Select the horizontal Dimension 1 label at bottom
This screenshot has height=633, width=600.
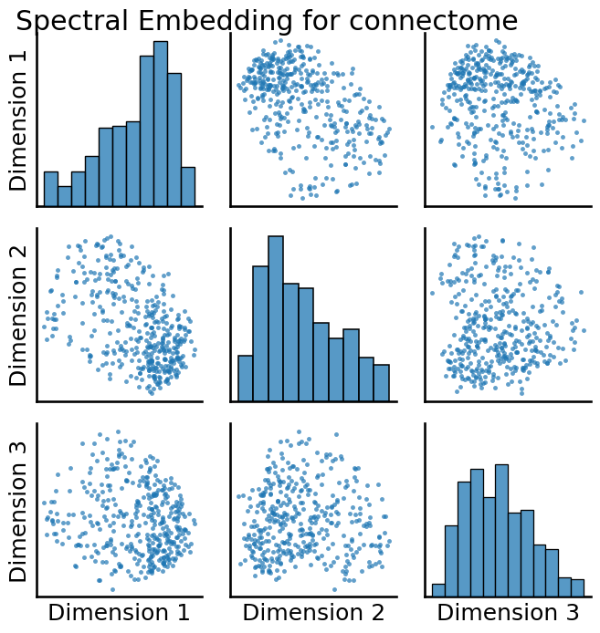pyautogui.click(x=119, y=612)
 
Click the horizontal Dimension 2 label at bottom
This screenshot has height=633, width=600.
pyautogui.click(x=313, y=612)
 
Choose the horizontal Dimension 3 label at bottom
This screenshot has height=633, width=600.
pyautogui.click(x=509, y=612)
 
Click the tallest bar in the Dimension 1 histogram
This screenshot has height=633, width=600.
pyautogui.click(x=161, y=124)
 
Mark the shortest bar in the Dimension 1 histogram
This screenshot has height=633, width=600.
pyautogui.click(x=64, y=196)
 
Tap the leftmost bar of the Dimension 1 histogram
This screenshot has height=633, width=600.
pyautogui.click(x=50, y=189)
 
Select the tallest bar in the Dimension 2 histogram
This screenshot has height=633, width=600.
pyautogui.click(x=276, y=318)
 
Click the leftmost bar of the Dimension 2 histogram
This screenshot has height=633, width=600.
pyautogui.click(x=245, y=378)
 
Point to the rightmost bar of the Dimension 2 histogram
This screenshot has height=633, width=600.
pyautogui.click(x=382, y=382)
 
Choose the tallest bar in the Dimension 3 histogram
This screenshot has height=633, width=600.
pyautogui.click(x=501, y=530)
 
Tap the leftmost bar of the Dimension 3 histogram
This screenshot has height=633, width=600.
pyautogui.click(x=438, y=589)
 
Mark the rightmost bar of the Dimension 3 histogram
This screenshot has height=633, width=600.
pyautogui.click(x=577, y=586)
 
